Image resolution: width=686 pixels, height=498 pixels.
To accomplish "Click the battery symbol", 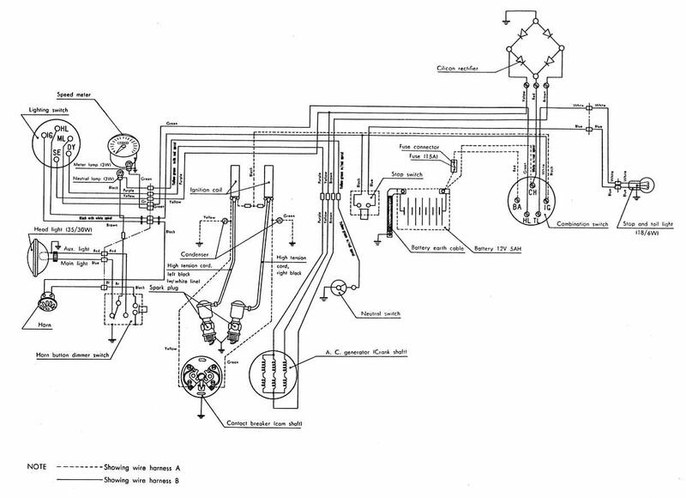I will click(420, 211).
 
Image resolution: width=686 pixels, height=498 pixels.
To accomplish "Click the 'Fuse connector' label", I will click(420, 148).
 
